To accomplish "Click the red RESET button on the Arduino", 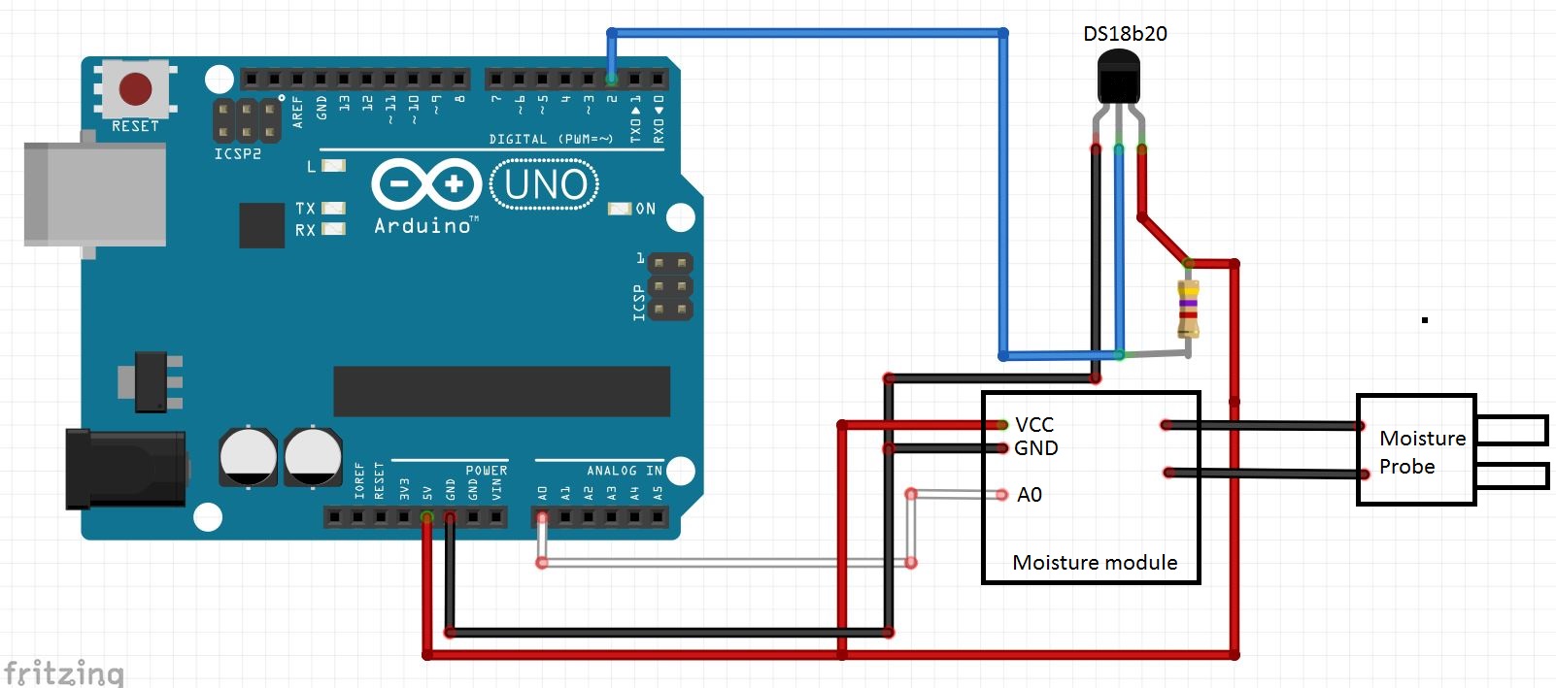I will point(135,88).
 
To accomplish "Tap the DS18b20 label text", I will point(1125,34).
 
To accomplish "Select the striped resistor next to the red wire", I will point(1188,309).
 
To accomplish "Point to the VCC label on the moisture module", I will point(1033,425).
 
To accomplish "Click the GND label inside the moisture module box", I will point(1035,448).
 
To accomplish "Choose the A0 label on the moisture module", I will point(1029,495).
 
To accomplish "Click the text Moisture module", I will point(1094,563).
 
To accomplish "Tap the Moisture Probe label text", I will point(1421,452).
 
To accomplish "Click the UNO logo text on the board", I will point(545,184).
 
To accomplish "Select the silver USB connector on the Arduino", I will point(94,194).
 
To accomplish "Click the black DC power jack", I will point(124,470).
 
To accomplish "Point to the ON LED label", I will point(645,209).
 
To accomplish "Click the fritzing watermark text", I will point(64,672).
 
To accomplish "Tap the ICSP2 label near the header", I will point(237,154).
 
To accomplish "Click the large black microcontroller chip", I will point(501,391).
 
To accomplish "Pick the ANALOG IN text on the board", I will point(624,471).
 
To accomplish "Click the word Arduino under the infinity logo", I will point(423,225).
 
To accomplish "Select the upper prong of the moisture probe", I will point(1510,429).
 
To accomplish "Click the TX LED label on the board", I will point(305,209).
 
